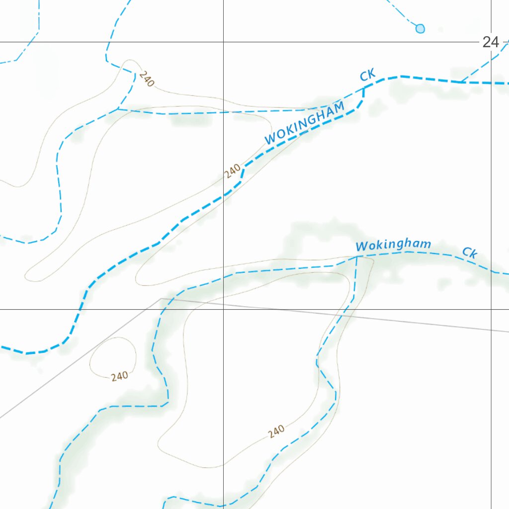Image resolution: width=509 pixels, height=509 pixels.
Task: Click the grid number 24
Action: click(x=490, y=42)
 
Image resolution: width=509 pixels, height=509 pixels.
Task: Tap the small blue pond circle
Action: click(x=420, y=28)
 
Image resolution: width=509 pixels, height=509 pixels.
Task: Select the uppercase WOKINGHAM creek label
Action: click(x=304, y=123)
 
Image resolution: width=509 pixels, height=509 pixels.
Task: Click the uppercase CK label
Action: click(x=367, y=76)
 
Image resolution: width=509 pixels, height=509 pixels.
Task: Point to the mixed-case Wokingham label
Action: click(x=393, y=245)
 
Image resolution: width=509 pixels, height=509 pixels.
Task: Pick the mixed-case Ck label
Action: click(x=470, y=253)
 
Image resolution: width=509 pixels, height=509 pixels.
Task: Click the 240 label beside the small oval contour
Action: click(x=120, y=376)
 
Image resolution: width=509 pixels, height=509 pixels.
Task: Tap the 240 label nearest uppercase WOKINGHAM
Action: click(x=233, y=170)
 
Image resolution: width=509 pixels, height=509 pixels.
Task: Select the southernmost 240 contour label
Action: click(x=276, y=431)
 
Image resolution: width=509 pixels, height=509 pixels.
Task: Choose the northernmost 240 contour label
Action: click(x=146, y=79)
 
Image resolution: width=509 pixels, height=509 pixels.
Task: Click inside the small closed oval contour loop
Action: click(x=113, y=355)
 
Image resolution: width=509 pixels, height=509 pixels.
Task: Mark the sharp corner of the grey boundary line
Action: click(x=161, y=299)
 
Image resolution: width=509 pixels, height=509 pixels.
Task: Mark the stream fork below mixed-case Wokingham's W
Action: click(x=357, y=256)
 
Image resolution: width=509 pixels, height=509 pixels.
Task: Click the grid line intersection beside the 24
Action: click(x=491, y=42)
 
